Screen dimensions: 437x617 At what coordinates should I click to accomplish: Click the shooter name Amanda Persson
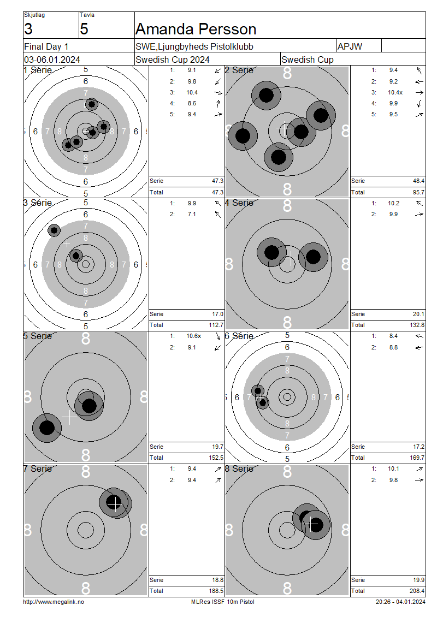click(196, 29)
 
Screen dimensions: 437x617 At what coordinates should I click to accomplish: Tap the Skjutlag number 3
click(28, 29)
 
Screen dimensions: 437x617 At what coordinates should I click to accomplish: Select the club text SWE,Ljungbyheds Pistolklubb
click(194, 47)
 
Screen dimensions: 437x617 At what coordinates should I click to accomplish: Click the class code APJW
click(350, 46)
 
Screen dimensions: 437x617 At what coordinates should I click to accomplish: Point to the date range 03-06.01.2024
click(52, 60)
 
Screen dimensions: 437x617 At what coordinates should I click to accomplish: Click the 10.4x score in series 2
click(395, 92)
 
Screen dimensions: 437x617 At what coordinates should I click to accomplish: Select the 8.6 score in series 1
click(192, 104)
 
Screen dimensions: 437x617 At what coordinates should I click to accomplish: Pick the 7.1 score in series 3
click(192, 215)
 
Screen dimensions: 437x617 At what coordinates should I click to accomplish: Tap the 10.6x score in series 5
click(194, 336)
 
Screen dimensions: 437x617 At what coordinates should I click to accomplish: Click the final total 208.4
click(417, 591)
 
